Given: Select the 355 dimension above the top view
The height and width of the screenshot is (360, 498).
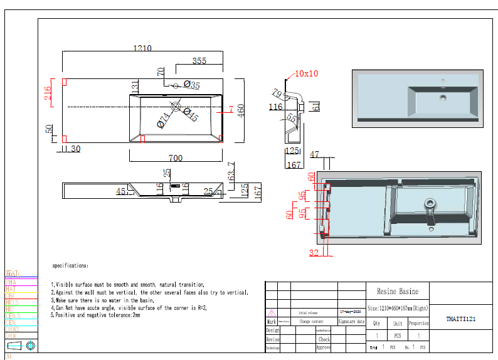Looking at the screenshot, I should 199,61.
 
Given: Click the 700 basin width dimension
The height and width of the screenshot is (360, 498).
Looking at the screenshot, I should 176,158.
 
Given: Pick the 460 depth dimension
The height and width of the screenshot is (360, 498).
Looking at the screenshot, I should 240,110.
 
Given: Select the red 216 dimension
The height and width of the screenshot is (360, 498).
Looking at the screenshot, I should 48,93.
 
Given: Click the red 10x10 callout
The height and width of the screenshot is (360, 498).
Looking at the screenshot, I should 306,73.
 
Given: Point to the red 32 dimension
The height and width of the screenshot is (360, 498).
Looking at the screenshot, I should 314,253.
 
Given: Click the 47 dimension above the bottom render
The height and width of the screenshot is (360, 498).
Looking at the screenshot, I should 315,154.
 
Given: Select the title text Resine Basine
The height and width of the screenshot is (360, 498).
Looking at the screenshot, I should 396,292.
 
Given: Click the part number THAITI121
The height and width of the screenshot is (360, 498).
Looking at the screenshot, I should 461,319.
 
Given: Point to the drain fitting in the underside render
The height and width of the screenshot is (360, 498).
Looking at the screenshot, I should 430,206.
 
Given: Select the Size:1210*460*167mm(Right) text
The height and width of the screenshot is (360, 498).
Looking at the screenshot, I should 397,308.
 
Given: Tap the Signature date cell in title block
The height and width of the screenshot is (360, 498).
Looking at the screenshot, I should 351,321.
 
